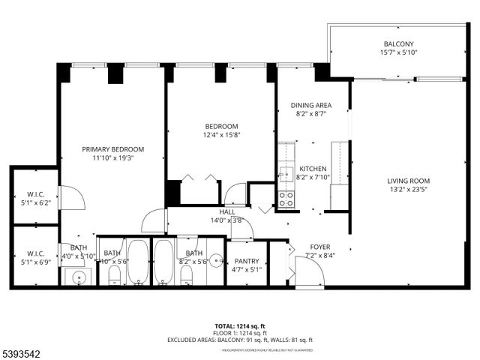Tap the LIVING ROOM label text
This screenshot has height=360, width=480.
pos(408,181)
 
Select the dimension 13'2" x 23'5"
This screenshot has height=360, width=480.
pos(408,190)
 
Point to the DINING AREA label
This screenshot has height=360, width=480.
pos(310,106)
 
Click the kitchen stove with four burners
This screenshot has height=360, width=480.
pos(286,199)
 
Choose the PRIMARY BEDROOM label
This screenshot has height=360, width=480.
pos(112,149)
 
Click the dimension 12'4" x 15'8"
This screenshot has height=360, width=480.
pos(221,135)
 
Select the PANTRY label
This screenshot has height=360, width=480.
pos(246,261)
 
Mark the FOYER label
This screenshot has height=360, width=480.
pos(320,247)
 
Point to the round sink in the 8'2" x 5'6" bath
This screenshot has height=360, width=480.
pos(216,262)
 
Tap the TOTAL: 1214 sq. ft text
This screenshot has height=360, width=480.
pos(239,326)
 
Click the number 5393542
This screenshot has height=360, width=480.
pos(23,351)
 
